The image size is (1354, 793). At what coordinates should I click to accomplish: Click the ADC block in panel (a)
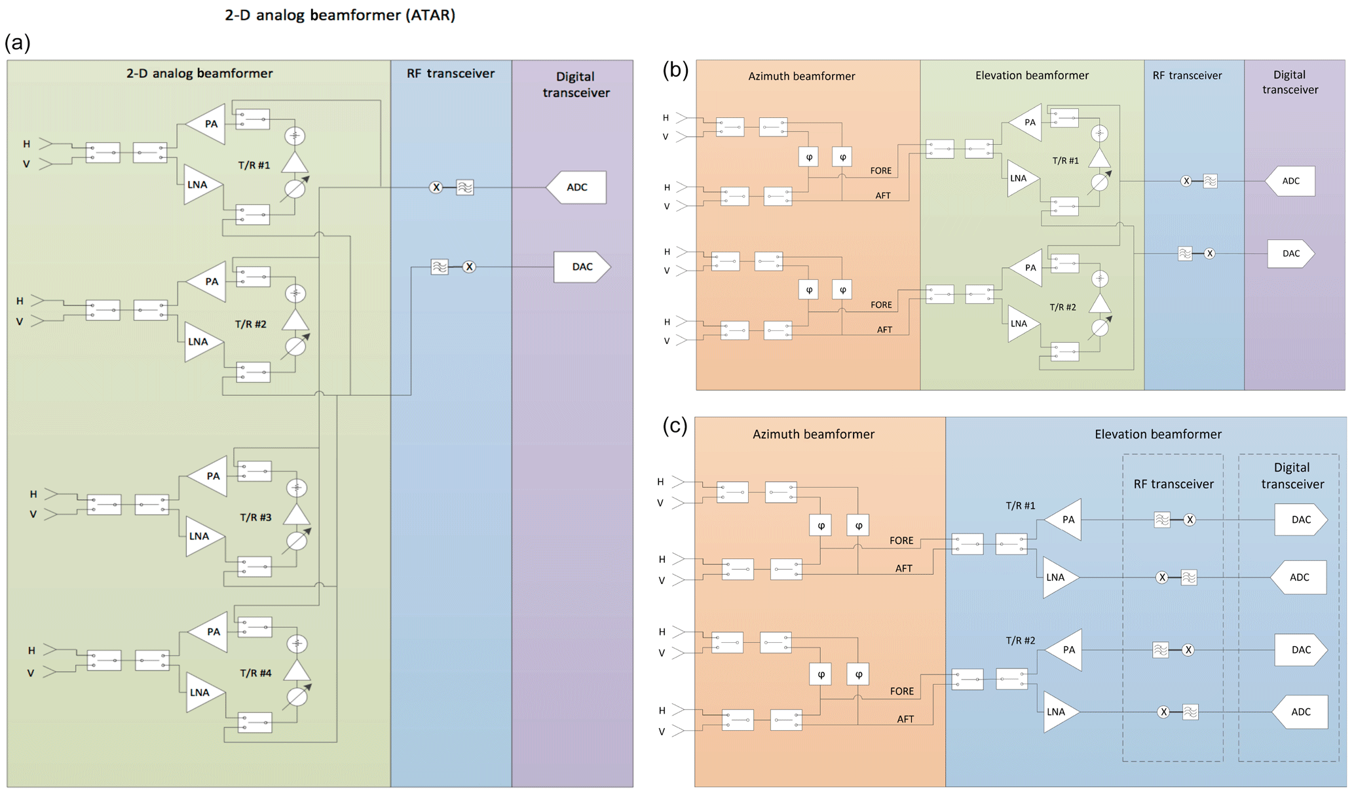click(576, 187)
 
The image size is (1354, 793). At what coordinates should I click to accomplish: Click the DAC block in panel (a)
click(582, 267)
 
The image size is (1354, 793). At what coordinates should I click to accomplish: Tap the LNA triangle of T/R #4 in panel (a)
click(202, 692)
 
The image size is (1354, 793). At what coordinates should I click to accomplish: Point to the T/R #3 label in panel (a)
click(255, 517)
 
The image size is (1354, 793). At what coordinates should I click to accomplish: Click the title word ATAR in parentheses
click(430, 15)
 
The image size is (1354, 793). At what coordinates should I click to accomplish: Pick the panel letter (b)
click(675, 69)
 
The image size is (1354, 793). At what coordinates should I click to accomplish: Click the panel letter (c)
click(675, 426)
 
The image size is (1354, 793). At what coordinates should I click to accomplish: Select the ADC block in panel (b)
click(1290, 181)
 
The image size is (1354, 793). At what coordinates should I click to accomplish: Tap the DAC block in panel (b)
click(1290, 254)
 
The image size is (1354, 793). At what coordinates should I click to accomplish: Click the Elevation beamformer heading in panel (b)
click(1032, 75)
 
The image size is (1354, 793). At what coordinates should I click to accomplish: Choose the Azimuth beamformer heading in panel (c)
click(813, 434)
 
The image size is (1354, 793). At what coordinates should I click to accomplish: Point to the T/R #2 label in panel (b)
click(1063, 307)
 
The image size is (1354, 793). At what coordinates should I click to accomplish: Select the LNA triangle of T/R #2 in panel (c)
click(1058, 712)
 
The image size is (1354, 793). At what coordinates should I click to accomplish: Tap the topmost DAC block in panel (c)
click(1300, 520)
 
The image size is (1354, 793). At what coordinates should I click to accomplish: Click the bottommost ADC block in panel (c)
click(1300, 712)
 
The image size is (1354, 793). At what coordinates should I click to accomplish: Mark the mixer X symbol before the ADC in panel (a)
click(436, 187)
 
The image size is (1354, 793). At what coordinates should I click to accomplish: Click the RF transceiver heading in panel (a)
click(451, 73)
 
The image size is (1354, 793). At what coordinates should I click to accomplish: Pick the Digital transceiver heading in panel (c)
click(1292, 476)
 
